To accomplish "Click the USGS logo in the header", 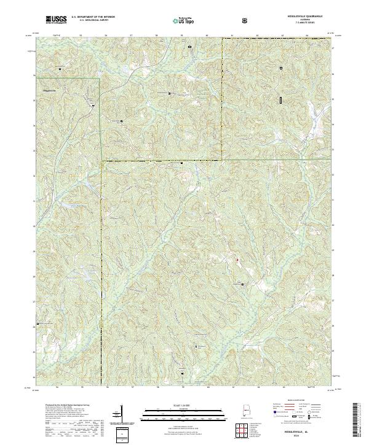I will click(x=56, y=20).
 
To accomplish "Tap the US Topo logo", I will click(x=184, y=20).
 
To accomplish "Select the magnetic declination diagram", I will click(x=117, y=415).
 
